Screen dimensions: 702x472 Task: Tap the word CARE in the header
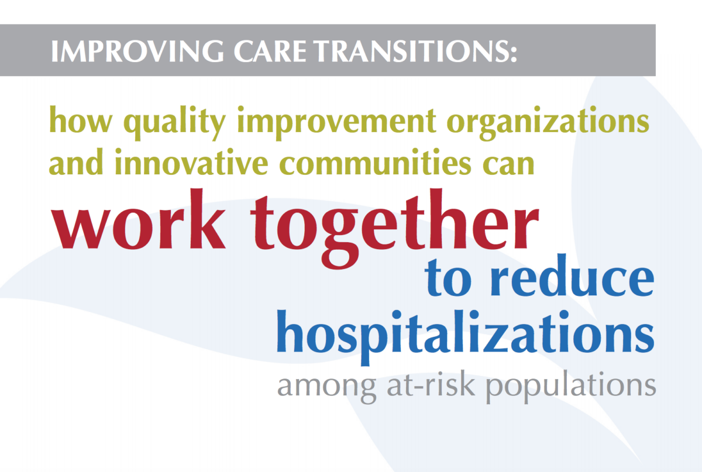click(270, 51)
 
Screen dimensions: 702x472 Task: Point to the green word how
click(81, 120)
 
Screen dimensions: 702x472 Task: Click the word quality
click(174, 123)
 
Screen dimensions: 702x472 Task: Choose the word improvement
click(336, 123)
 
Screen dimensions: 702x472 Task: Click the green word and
click(76, 162)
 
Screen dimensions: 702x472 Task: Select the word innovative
click(191, 162)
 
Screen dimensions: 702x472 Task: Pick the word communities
click(375, 162)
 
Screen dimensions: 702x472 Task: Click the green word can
click(508, 164)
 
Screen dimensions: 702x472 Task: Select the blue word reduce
click(572, 275)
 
